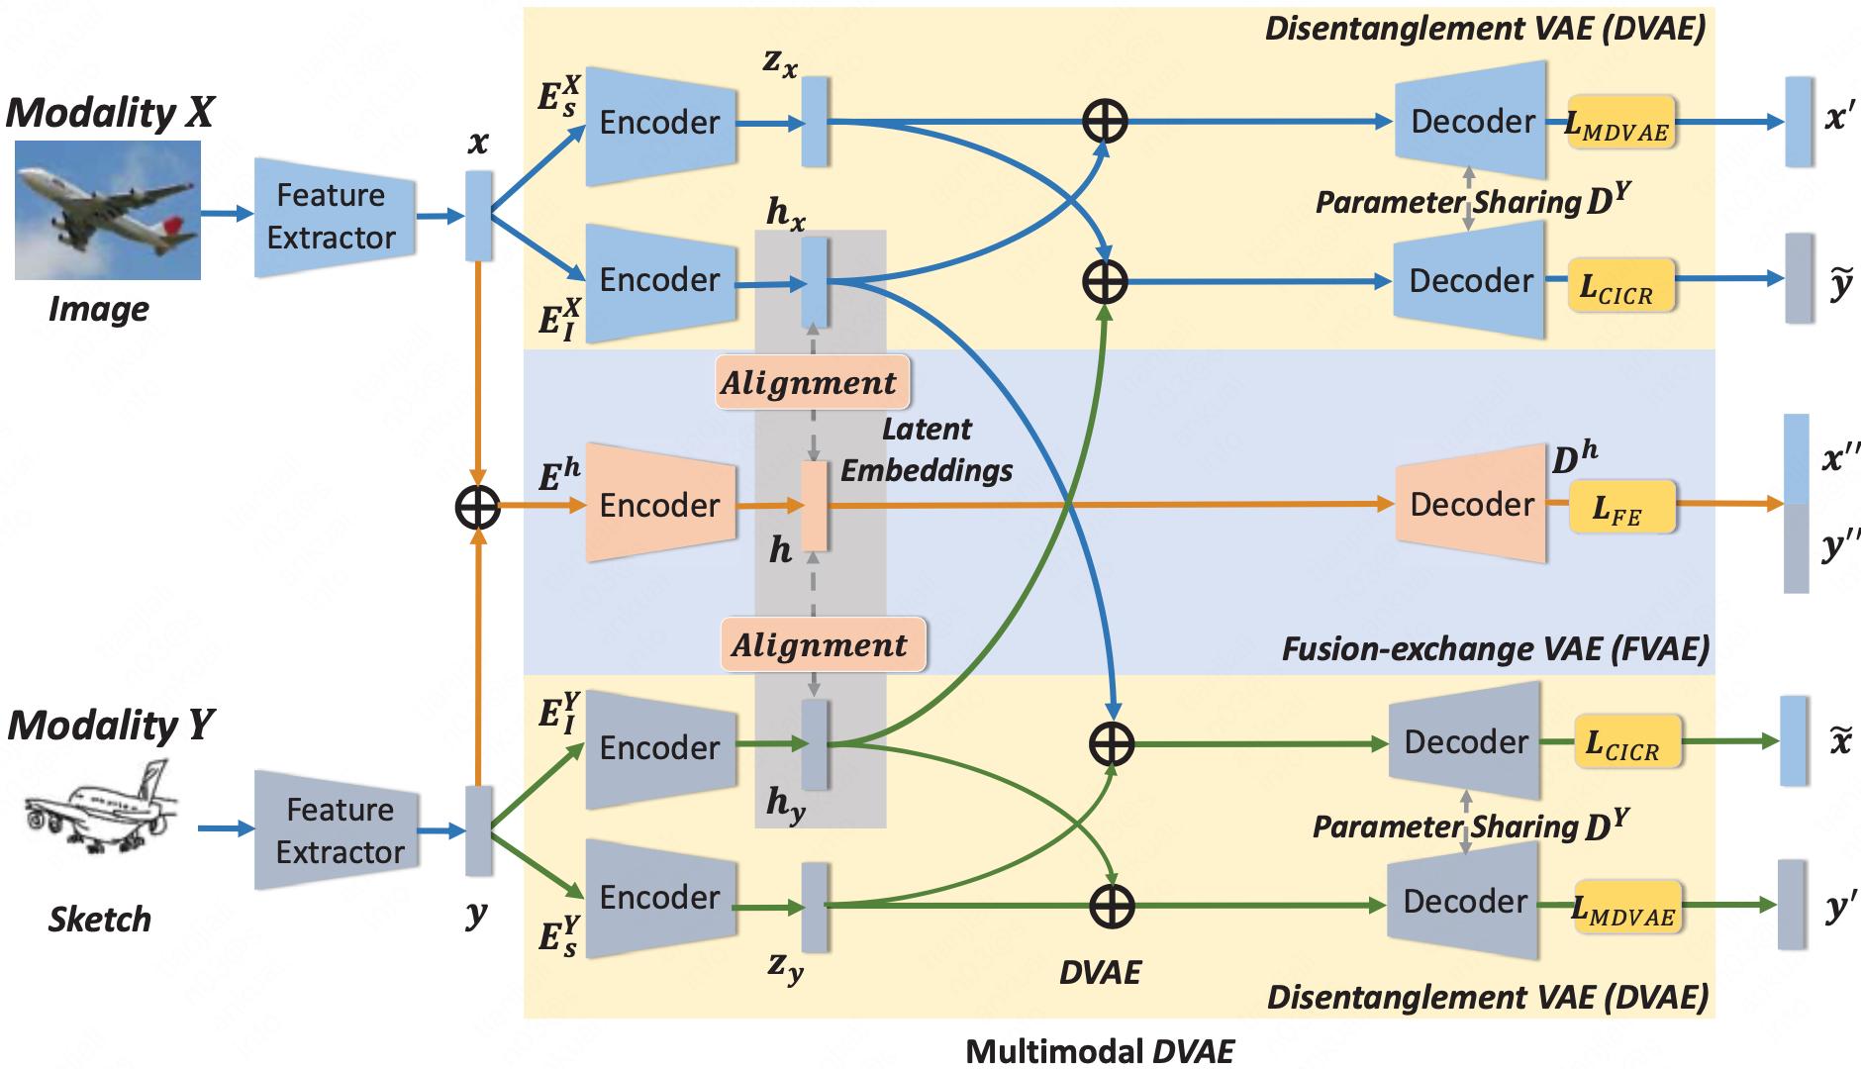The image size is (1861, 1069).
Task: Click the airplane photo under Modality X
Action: tap(108, 210)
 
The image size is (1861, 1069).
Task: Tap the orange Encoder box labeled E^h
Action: tap(660, 504)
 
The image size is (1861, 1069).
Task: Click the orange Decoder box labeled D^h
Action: tap(1471, 504)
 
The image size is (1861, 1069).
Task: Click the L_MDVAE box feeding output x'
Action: tap(1620, 123)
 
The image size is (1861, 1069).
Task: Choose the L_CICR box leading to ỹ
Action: tap(1621, 285)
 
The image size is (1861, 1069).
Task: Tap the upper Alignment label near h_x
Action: tap(809, 382)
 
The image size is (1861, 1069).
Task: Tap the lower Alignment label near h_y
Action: tap(821, 644)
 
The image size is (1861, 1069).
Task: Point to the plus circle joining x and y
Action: tap(478, 507)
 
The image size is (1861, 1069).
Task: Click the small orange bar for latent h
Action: tap(814, 505)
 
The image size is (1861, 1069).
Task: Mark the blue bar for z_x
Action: tap(814, 122)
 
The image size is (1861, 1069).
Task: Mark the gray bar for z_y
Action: tap(814, 907)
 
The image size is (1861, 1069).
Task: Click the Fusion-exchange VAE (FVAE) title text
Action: tap(1495, 648)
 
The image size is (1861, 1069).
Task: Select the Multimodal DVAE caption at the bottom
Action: tap(1100, 1050)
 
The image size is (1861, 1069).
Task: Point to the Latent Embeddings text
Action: tap(927, 449)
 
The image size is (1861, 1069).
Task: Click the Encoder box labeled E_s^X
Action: tap(660, 123)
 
